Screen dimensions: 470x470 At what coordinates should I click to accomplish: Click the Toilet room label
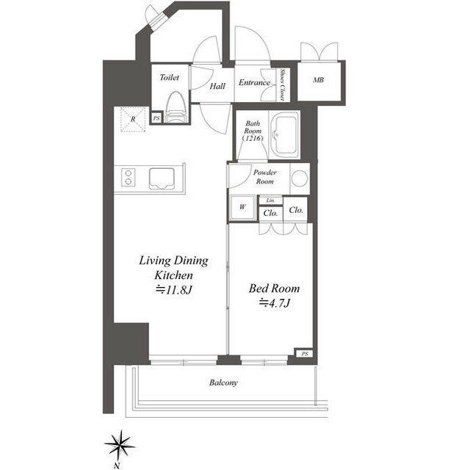171,76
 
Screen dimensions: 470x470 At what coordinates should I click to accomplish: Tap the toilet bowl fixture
175,106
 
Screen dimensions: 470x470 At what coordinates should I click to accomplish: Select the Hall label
217,86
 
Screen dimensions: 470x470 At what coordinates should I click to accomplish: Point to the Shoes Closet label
283,84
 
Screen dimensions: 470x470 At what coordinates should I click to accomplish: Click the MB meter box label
319,81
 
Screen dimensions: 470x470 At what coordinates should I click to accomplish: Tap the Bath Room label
252,131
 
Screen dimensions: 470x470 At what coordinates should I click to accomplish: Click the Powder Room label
264,177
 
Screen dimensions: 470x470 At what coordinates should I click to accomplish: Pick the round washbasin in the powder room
299,178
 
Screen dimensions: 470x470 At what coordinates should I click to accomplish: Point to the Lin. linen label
270,200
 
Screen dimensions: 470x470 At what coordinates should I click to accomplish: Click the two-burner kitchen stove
129,178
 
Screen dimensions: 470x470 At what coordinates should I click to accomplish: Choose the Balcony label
223,383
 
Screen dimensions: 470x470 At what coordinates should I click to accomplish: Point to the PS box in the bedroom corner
304,354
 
